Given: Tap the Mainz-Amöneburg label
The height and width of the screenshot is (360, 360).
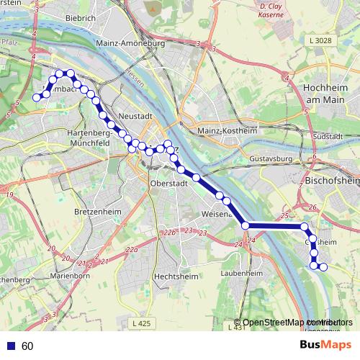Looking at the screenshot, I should click(x=131, y=44).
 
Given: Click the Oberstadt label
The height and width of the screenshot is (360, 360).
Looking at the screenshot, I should click(x=168, y=184).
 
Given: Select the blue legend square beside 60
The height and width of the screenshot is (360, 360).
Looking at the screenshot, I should click(x=10, y=346).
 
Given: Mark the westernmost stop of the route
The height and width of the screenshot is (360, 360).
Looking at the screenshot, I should click(x=37, y=97).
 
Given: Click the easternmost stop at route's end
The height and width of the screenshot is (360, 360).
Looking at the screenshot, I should click(x=323, y=267).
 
